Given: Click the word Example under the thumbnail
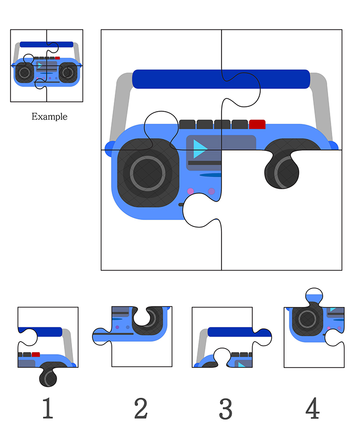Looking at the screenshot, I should tap(49, 117).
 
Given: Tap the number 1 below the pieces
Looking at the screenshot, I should tap(47, 409).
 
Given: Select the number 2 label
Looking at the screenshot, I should tap(141, 409).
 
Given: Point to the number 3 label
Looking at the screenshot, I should tap(225, 409).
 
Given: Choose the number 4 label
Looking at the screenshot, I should tap(312, 409).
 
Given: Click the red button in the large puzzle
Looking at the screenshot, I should tap(257, 124).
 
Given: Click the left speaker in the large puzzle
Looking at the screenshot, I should tap(148, 173).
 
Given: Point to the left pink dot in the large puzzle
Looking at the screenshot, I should tap(190, 191).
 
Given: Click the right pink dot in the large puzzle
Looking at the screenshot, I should tap(212, 191).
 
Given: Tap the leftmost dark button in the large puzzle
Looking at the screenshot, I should tap(187, 124).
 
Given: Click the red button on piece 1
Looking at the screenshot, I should tap(36, 355).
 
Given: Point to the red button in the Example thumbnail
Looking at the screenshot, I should tap(58, 58).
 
